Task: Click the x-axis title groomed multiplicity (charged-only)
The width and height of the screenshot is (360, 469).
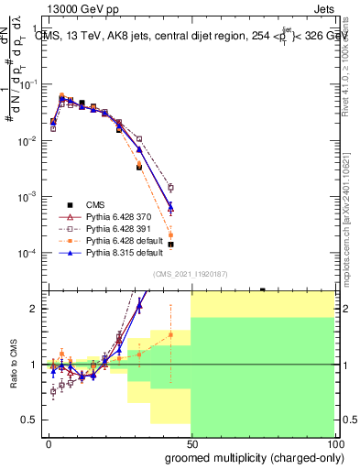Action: (x=254, y=457)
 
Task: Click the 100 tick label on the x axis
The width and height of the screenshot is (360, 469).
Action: (x=333, y=443)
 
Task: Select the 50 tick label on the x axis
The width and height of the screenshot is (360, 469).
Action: (x=191, y=443)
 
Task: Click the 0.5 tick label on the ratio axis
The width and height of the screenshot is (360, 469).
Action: (x=29, y=420)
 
